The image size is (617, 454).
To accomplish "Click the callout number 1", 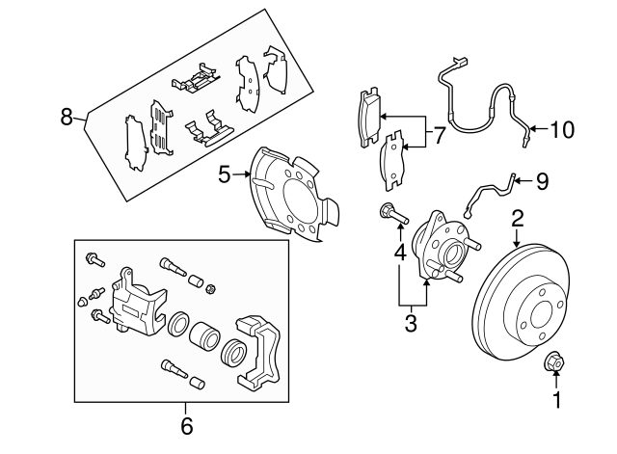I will tap(555, 398).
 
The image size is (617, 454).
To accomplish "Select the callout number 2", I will tap(518, 218).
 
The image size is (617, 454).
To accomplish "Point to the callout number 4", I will tap(399, 254).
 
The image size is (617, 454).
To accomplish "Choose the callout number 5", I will tap(224, 175).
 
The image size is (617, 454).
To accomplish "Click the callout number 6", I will tap(186, 423).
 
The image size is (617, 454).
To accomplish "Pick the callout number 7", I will tap(439, 136).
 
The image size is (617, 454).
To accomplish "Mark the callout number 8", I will tap(67, 118).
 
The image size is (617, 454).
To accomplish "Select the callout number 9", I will tap(542, 179).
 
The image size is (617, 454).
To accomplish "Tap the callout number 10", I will tap(561, 127).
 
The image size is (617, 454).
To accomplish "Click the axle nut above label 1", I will tap(554, 362).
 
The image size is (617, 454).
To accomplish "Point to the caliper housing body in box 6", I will tap(134, 301).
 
